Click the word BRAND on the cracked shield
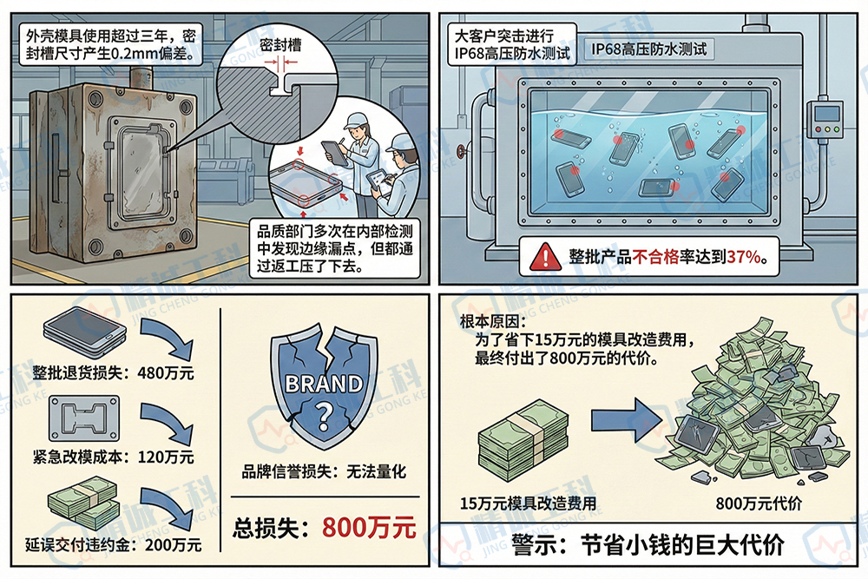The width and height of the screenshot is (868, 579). [x=324, y=383]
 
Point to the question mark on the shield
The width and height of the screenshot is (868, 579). [x=324, y=414]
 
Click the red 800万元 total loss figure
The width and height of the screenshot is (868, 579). [x=369, y=527]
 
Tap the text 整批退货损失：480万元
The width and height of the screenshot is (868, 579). [x=113, y=374]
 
